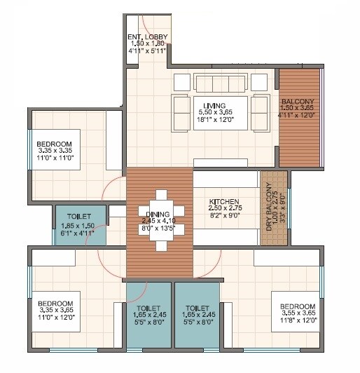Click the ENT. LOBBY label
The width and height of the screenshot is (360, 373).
146,36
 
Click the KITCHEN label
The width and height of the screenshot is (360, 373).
224,202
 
